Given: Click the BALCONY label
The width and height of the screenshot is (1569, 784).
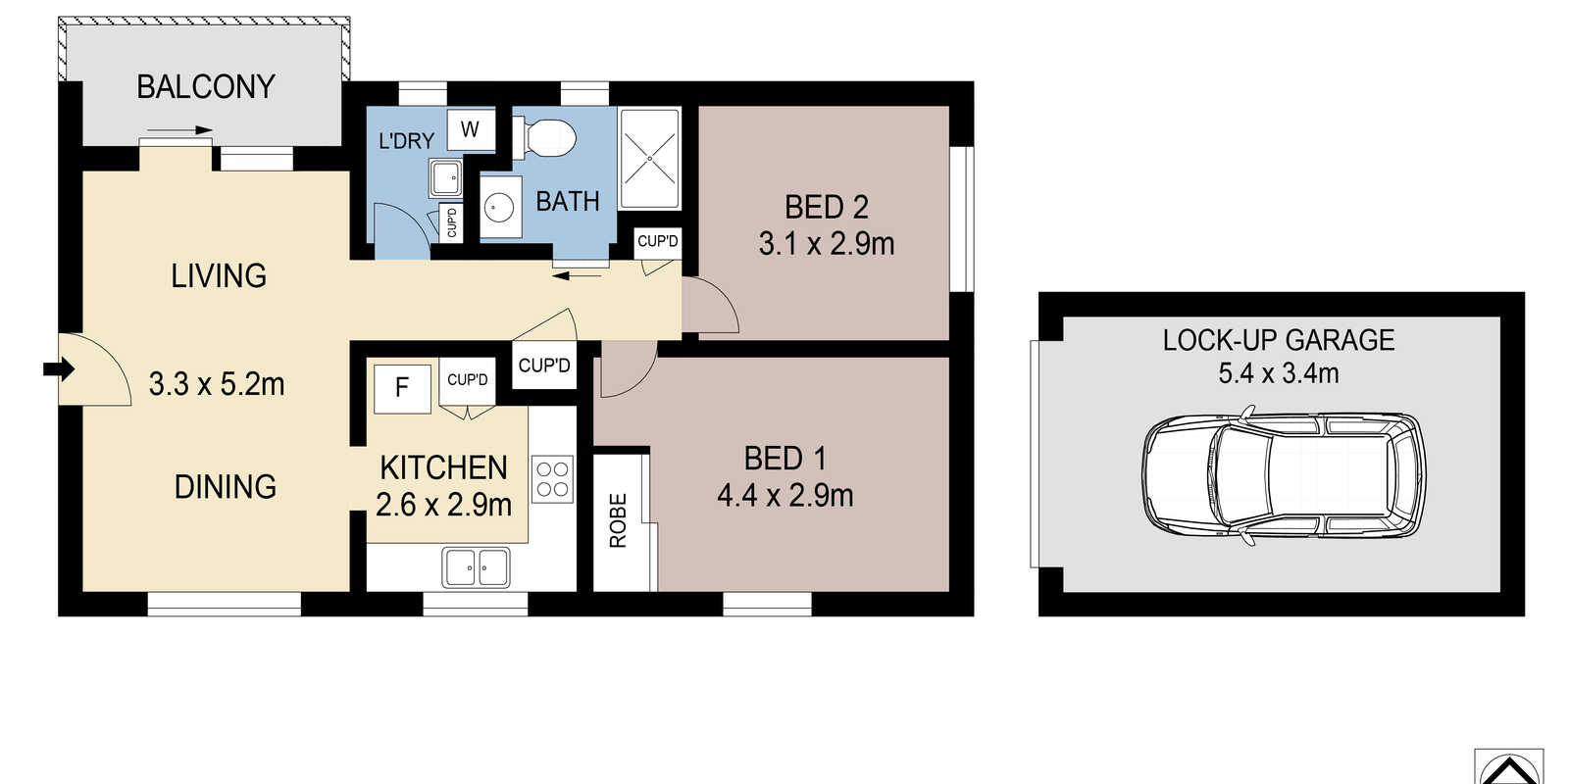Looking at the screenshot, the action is pyautogui.click(x=205, y=87).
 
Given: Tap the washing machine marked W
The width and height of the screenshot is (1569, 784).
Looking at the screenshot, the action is pyautogui.click(x=470, y=129).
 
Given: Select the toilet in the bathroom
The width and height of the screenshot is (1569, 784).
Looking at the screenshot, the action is pyautogui.click(x=544, y=138).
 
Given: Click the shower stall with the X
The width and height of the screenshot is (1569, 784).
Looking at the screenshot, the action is pyautogui.click(x=650, y=158).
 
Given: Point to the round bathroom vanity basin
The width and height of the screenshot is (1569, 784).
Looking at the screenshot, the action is pyautogui.click(x=500, y=207).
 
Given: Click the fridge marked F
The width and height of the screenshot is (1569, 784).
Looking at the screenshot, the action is pyautogui.click(x=402, y=388).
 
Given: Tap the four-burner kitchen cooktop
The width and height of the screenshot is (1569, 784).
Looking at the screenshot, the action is pyautogui.click(x=552, y=479).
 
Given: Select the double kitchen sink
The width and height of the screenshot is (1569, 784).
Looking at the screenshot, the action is pyautogui.click(x=477, y=567).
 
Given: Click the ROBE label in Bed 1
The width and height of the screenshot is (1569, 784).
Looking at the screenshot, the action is pyautogui.click(x=618, y=520).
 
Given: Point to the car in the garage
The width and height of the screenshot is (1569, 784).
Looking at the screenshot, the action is pyautogui.click(x=1284, y=476).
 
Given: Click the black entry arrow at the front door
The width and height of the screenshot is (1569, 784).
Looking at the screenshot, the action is pyautogui.click(x=59, y=368).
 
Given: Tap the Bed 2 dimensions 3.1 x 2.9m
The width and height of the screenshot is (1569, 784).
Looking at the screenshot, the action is pyautogui.click(x=827, y=244).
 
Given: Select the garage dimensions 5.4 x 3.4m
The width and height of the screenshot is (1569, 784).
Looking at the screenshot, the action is pyautogui.click(x=1279, y=373).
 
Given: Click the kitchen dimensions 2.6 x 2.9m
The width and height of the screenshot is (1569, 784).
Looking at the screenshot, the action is pyautogui.click(x=443, y=505).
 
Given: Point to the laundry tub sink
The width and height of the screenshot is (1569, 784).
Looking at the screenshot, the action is pyautogui.click(x=445, y=179).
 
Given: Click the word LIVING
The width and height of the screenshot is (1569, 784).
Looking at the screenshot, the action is pyautogui.click(x=219, y=275).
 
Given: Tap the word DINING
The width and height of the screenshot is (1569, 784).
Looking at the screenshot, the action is pyautogui.click(x=225, y=486).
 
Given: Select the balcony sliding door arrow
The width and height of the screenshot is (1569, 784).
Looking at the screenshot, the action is pyautogui.click(x=179, y=129).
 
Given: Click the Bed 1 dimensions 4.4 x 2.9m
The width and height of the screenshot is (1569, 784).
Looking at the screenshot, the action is pyautogui.click(x=785, y=496).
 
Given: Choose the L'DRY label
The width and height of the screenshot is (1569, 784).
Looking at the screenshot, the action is pyautogui.click(x=406, y=141).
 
